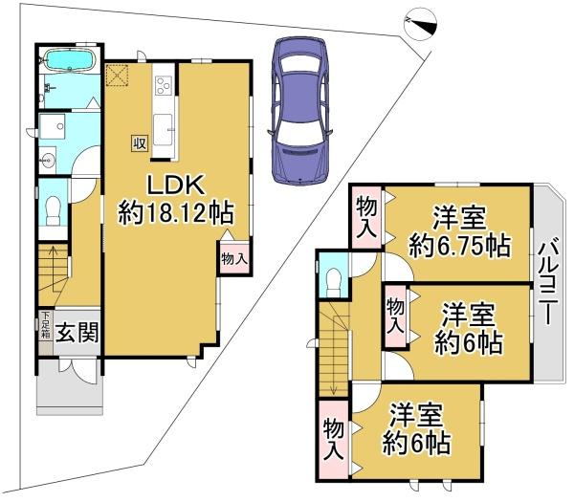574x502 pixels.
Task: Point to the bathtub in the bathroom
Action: point(68,62)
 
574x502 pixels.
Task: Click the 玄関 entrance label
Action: point(74,335)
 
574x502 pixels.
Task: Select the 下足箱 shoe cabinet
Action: point(44,329)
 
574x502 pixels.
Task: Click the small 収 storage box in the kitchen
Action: point(139,142)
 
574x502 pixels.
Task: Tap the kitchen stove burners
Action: point(162,87)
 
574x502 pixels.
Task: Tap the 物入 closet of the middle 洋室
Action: point(395,315)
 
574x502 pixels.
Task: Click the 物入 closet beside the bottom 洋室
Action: point(333,437)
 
